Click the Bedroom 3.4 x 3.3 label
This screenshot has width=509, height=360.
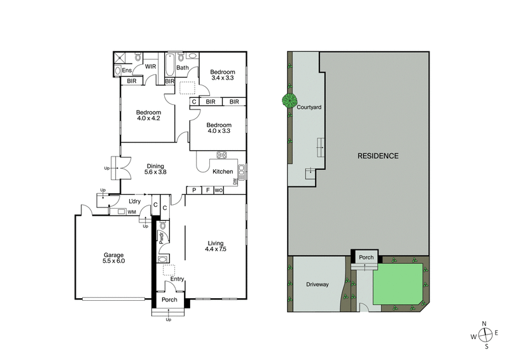point(223,75)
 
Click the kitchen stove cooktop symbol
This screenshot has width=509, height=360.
point(223,155)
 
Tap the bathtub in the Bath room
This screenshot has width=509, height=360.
point(168,66)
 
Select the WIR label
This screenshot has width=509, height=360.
point(151,67)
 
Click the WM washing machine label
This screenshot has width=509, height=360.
point(132,212)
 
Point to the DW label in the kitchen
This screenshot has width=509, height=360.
point(235,182)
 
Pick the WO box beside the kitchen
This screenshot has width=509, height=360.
point(218,190)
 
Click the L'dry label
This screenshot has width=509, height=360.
point(134,202)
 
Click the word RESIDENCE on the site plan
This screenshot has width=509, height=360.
point(377,156)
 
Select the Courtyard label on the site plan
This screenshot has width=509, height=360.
point(309,107)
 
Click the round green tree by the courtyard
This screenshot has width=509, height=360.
point(290,100)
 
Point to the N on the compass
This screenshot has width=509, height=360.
point(484,324)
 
